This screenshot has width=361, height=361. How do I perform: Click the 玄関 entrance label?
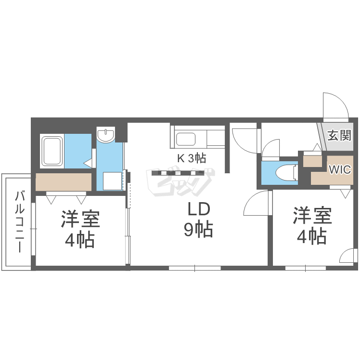[x=340, y=135]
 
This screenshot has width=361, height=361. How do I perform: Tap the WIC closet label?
[x=340, y=170]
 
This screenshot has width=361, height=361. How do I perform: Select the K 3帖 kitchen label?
[x=191, y=158]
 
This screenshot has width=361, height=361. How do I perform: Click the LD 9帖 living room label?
[x=198, y=219]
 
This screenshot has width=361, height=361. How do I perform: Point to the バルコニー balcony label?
[x=20, y=221]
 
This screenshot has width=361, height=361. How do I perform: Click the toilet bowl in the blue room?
[x=285, y=173]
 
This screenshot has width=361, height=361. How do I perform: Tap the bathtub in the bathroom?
[x=52, y=151]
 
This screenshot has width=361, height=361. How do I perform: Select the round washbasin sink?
[x=106, y=134]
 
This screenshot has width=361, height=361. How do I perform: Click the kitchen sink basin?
[x=186, y=139]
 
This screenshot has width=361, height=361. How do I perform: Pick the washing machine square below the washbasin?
[x=112, y=181]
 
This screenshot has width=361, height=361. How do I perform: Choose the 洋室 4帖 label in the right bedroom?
[x=312, y=226]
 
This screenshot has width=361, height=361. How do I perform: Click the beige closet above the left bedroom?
[x=64, y=182]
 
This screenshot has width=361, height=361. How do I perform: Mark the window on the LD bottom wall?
[x=195, y=268]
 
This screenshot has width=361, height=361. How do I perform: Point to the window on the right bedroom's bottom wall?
[x=306, y=268]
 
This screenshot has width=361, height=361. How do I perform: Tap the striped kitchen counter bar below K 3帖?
[x=178, y=173]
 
